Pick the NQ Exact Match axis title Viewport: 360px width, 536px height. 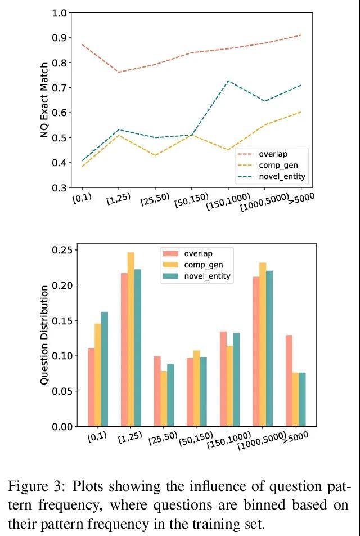(x=44, y=100)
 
